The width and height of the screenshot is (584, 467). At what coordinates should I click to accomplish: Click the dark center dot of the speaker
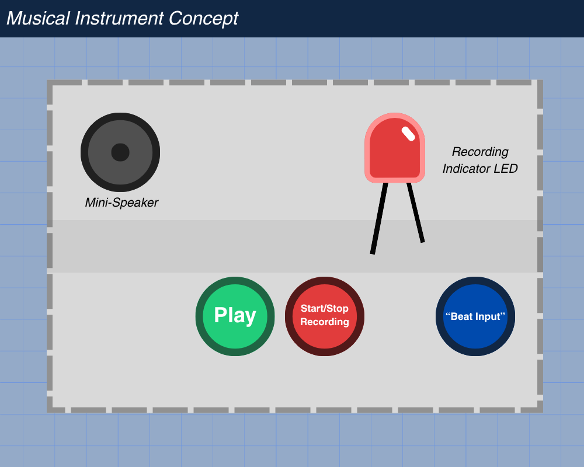(x=120, y=152)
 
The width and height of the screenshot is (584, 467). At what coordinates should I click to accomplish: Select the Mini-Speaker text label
(x=121, y=203)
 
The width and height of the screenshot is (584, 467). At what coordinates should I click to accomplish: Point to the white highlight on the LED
(x=408, y=134)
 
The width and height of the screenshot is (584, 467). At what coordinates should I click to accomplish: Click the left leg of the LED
(x=378, y=219)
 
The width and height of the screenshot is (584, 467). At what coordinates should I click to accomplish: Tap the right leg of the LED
(x=416, y=213)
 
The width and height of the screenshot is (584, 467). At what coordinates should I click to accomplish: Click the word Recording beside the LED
(x=480, y=152)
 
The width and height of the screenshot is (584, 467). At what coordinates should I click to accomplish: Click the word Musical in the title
(x=39, y=18)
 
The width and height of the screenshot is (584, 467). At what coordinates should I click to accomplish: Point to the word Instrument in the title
(x=120, y=18)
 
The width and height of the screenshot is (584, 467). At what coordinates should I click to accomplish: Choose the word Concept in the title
(x=203, y=18)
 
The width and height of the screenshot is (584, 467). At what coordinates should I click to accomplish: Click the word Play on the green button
(x=235, y=315)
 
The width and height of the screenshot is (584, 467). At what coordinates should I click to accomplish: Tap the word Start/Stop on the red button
(x=324, y=308)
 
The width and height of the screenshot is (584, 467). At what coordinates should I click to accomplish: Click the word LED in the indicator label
(x=506, y=169)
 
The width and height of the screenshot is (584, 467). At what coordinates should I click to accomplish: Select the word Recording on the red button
(x=324, y=322)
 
